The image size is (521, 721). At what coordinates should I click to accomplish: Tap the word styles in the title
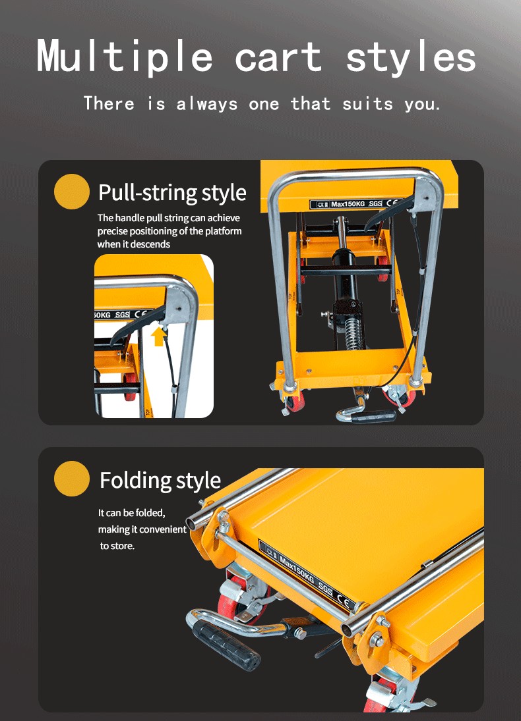[410, 57]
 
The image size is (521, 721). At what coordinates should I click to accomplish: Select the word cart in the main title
[278, 59]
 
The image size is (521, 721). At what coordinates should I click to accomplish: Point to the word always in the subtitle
[207, 104]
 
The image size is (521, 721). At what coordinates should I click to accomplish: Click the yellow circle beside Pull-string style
[71, 192]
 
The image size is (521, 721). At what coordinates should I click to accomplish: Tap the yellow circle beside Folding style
[71, 479]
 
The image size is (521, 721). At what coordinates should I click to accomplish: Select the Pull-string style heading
[172, 193]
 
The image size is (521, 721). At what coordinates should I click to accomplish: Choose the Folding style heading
[160, 480]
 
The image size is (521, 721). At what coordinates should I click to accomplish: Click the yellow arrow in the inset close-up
[158, 337]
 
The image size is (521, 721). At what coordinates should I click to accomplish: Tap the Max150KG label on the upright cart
[348, 204]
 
